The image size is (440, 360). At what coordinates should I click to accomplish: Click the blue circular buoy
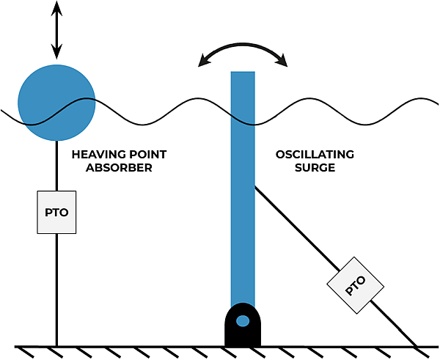[x=56, y=102]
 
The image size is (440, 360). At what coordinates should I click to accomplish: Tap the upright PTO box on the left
[x=56, y=212]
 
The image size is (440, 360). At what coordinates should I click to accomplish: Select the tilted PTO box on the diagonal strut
[x=355, y=284]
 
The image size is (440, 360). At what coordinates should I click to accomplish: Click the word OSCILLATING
[x=315, y=155]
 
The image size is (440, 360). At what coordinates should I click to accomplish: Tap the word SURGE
[x=315, y=167]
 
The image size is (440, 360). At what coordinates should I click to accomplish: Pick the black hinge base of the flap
[x=243, y=327]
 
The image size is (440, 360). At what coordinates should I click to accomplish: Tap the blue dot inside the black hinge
[x=243, y=320]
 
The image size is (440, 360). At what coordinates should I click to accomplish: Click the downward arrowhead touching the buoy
[x=56, y=54]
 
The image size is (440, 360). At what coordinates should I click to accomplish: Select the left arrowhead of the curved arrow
[x=203, y=62]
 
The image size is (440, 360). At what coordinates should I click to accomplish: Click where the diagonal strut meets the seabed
[x=417, y=345]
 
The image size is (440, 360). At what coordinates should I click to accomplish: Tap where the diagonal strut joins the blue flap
[x=255, y=187]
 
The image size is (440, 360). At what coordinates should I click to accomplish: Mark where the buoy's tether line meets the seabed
[x=56, y=345]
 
